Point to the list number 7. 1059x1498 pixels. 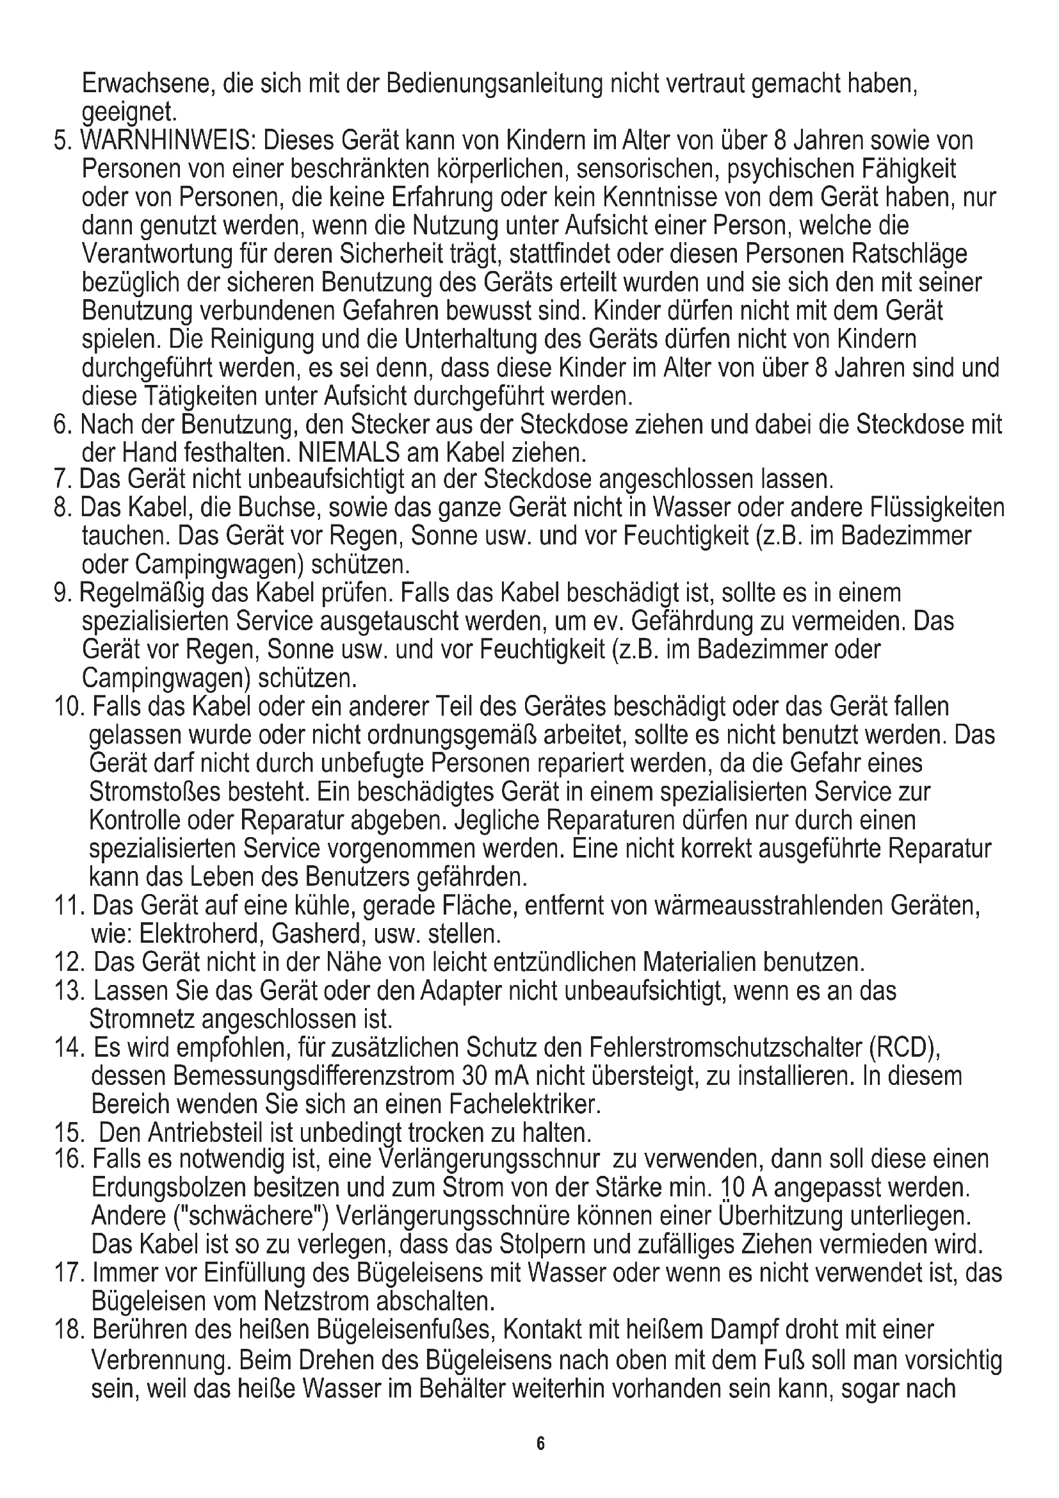pos(62,480)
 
